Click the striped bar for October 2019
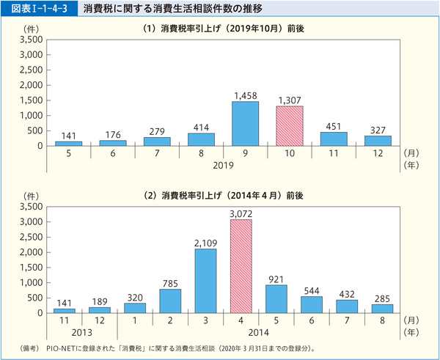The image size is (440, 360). point(290,125)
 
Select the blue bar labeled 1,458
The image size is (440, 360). point(245,123)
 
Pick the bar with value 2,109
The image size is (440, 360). point(205,281)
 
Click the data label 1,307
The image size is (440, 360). point(290,100)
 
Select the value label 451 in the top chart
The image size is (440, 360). point(334,125)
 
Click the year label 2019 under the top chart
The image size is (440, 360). point(223,166)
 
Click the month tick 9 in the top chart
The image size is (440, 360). point(245,154)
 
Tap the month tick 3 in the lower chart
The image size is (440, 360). point(205,321)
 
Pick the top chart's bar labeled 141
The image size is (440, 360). point(68,143)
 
